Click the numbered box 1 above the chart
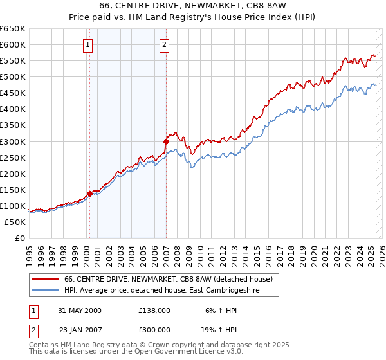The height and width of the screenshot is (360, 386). click(87, 44)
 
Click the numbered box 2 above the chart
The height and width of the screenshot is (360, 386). click(165, 44)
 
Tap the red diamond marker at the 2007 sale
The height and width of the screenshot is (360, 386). click(166, 141)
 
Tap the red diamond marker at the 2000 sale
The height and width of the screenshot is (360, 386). click(89, 194)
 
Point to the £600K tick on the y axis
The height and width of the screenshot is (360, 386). click(13, 44)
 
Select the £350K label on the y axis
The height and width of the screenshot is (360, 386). click(13, 125)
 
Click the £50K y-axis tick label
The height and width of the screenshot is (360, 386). click(15, 222)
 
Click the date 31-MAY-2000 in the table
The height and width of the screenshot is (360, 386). click(79, 310)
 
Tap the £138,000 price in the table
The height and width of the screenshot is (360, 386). click(154, 310)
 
